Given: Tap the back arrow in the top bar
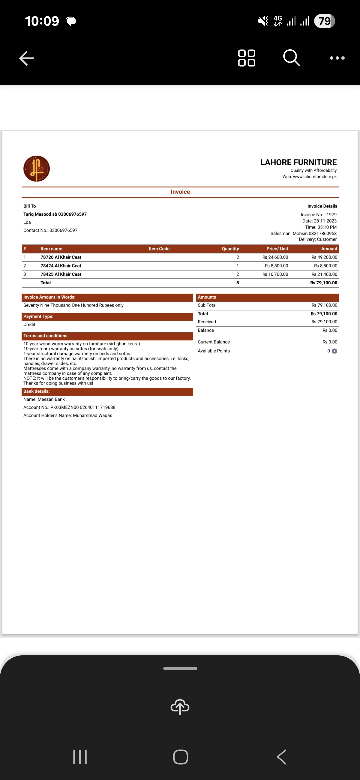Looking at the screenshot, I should coord(27,58).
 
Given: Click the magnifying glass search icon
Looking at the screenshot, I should coord(292,58).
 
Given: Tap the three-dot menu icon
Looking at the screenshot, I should coord(337,58).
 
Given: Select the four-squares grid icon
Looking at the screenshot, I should coord(247,58).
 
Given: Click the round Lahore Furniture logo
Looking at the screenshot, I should coord(37,169).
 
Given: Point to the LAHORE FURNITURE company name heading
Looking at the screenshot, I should coord(298,162).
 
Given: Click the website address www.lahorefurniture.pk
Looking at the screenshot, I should coord(315,177).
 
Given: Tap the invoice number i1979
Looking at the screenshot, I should coord(331,215).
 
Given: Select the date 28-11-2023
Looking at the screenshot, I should coord(325,221).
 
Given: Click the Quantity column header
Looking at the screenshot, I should coord(230,249).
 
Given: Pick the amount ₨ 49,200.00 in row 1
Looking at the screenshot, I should coord(324,257).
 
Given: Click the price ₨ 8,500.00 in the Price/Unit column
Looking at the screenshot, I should coord(276,266).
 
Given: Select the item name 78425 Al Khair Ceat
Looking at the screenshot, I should coord(61,274).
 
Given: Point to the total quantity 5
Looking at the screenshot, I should coord(238,283).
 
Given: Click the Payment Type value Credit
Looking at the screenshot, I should coord(29,324).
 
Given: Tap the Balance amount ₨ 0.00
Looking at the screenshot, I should coord(330,330).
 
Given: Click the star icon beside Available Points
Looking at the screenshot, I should coord(335,351).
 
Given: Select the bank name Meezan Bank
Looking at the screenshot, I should coord(51,399).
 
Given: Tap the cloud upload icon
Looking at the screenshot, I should coord(180,706).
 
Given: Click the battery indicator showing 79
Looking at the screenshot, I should coord(324,21).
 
